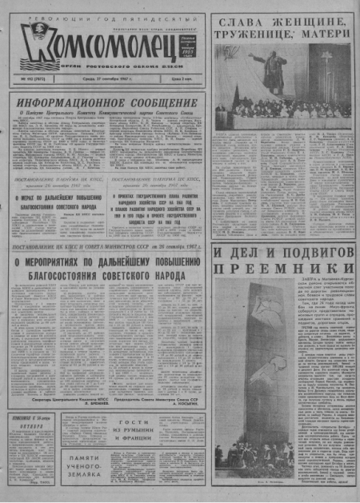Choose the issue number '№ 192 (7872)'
tap(31, 81)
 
